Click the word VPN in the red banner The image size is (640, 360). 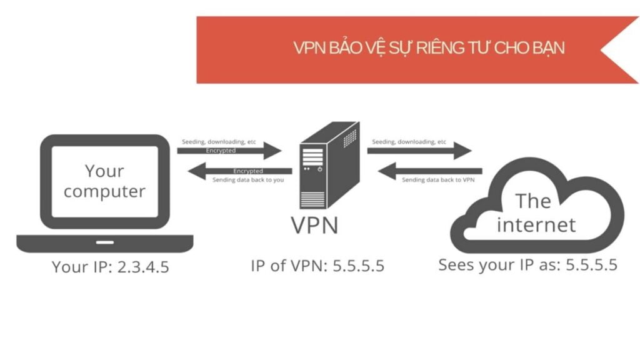coord(307,48)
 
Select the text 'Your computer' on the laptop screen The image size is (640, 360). coord(104,181)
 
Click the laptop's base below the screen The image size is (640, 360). coord(104,243)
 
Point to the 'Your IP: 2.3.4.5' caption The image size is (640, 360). coord(111,267)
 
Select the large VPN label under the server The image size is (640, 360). coord(314,225)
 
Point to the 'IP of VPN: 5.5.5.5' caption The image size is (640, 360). coord(317,266)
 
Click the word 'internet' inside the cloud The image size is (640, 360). coord(536,224)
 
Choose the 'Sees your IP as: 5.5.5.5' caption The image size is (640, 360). coord(527,264)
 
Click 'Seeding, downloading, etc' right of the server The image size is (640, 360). coord(409,142)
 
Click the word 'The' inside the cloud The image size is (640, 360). coord(532,201)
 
